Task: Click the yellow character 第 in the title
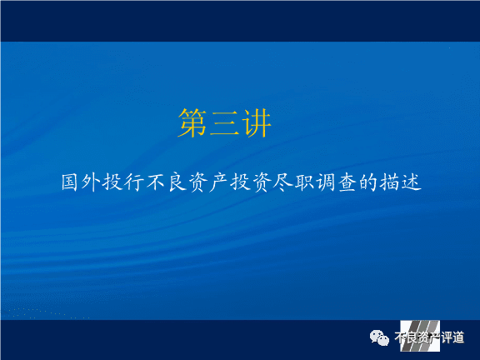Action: (x=192, y=123)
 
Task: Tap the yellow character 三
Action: (x=224, y=123)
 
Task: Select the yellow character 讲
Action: (x=256, y=123)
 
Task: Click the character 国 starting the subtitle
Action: (x=69, y=182)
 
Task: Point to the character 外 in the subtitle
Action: (x=91, y=182)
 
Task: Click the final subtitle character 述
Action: (x=411, y=182)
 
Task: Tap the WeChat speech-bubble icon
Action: (x=379, y=337)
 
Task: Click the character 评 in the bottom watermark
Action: (x=447, y=337)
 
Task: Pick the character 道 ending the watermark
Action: (x=458, y=337)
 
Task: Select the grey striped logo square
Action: (x=420, y=336)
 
